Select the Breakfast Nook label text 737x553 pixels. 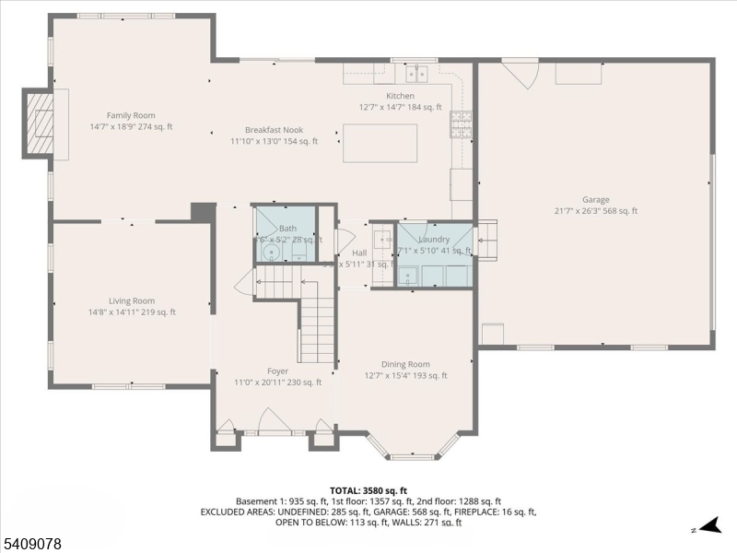(274, 130)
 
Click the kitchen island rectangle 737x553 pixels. (380, 143)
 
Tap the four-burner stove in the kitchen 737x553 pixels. (460, 123)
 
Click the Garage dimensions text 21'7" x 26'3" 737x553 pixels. (595, 211)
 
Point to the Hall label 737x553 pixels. (359, 253)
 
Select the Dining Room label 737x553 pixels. (406, 364)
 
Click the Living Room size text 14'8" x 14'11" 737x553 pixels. (131, 312)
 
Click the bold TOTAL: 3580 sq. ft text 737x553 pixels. (368, 490)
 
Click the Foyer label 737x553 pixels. (278, 371)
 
